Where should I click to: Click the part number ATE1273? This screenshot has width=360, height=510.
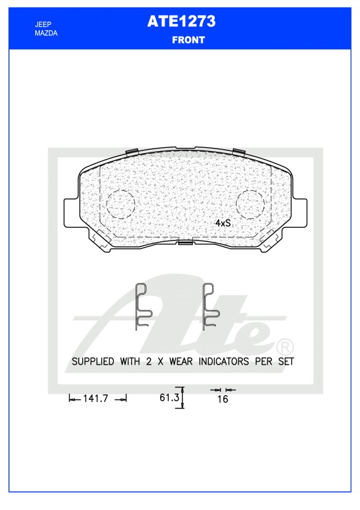(181, 21)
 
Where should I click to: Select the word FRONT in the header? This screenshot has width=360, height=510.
(188, 40)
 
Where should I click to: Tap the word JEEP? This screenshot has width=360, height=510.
(43, 24)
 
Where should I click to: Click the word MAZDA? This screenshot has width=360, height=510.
(46, 32)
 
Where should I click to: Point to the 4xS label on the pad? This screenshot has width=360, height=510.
(222, 223)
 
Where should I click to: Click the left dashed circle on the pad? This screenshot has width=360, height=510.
(120, 205)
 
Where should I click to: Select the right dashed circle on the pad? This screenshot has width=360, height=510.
(251, 205)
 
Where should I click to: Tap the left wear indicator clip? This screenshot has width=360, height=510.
(143, 306)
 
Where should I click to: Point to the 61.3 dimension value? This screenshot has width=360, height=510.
(168, 398)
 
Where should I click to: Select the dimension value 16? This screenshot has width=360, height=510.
(223, 399)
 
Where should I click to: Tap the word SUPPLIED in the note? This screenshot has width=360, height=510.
(93, 361)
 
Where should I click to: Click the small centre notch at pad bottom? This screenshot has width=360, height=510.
(185, 243)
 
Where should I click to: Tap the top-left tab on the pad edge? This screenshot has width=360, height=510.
(132, 152)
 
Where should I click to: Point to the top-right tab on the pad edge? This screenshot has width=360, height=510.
(239, 152)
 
